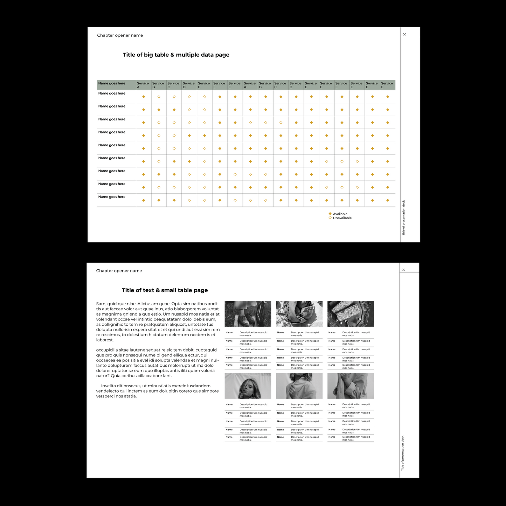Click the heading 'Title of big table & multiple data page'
point(176,55)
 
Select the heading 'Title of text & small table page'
point(165,290)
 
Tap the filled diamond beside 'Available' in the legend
point(330,214)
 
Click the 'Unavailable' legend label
point(342,218)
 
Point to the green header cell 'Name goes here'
point(112,84)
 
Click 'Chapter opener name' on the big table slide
point(120,35)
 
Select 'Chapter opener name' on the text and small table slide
point(119,271)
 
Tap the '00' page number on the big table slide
point(404,35)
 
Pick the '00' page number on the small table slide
point(403,270)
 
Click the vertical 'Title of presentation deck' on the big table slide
point(403,217)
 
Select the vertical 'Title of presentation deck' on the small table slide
point(403,453)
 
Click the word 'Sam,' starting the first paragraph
point(101,304)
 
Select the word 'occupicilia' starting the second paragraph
point(107,350)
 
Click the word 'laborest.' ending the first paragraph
point(105,340)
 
